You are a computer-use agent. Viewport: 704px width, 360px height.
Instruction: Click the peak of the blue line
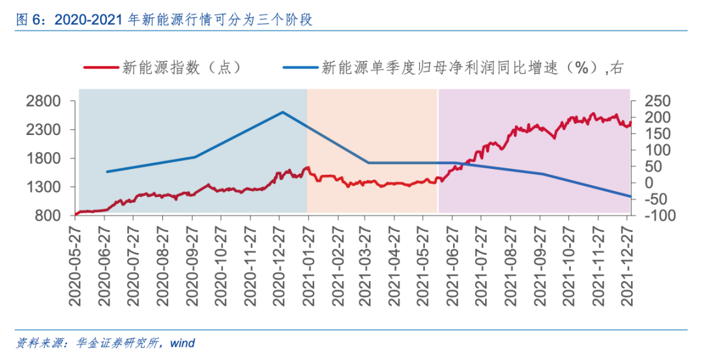(283, 112)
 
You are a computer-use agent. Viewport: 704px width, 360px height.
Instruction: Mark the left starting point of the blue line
(107, 172)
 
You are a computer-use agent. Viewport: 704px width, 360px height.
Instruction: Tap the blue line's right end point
(630, 196)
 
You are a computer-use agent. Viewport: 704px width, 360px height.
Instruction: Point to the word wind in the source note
(183, 343)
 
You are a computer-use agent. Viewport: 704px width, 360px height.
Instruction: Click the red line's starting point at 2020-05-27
(77, 213)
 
